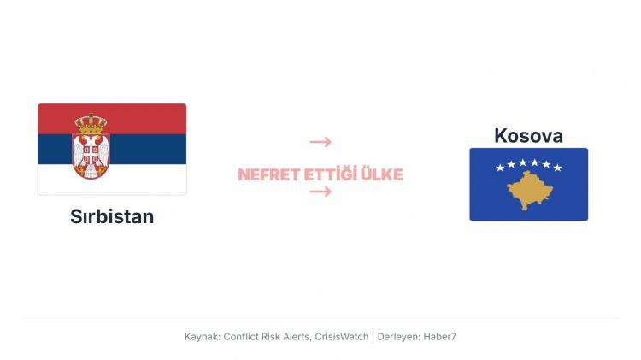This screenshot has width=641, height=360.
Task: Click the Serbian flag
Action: pyautogui.click(x=112, y=149)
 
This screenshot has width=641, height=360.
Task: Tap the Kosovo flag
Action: pyautogui.click(x=528, y=184)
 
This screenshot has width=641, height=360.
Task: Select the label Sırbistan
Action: pyautogui.click(x=112, y=216)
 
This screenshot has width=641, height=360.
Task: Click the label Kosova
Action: pyautogui.click(x=528, y=135)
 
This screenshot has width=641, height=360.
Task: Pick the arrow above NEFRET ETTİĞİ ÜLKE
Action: pyautogui.click(x=320, y=142)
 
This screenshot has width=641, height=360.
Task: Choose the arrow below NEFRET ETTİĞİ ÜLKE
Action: pyautogui.click(x=320, y=192)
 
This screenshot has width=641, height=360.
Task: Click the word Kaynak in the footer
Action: pyautogui.click(x=202, y=337)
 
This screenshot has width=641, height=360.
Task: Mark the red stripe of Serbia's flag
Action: pyautogui.click(x=145, y=118)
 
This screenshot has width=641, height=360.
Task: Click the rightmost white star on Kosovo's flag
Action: pyautogui.click(x=557, y=168)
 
